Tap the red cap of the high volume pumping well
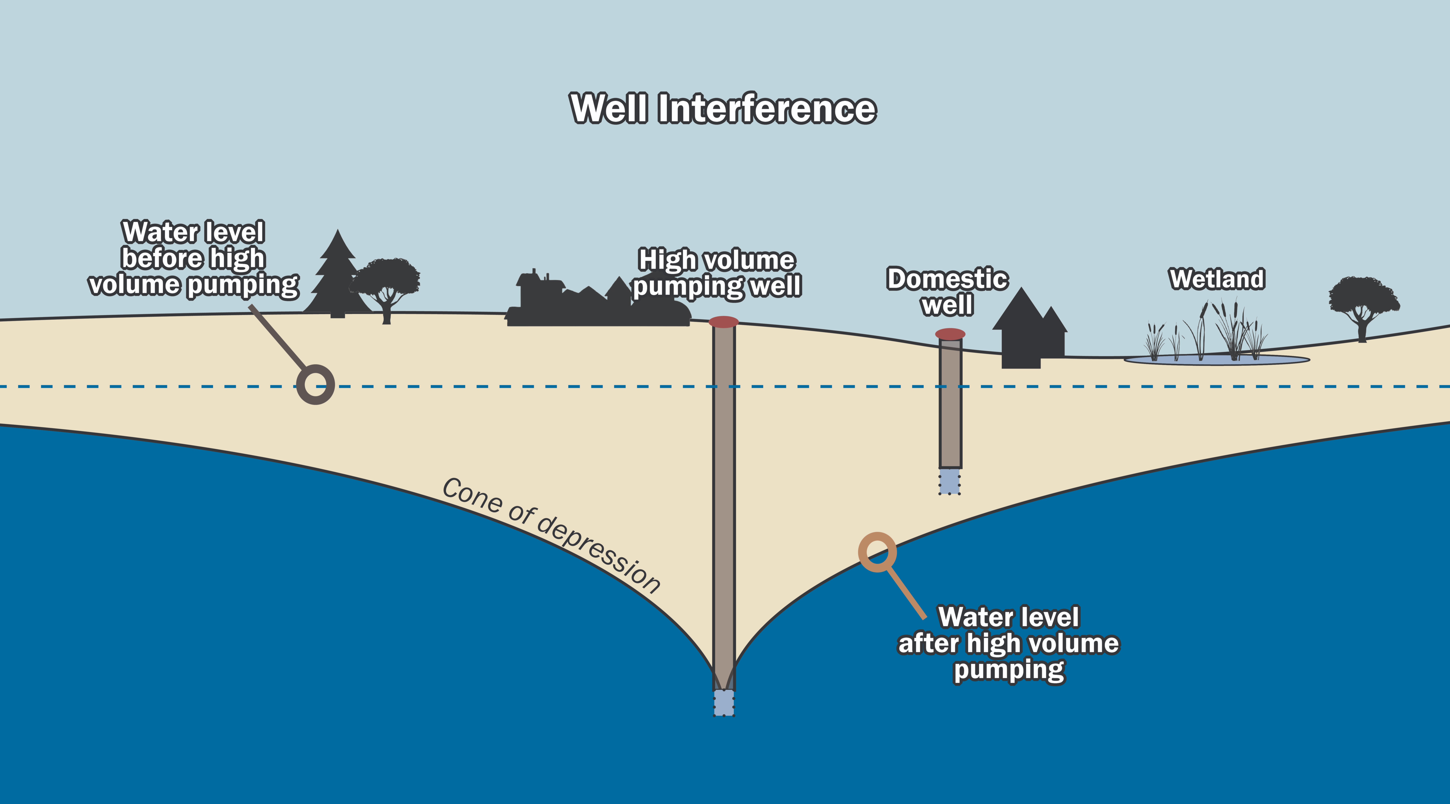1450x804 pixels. click(723, 322)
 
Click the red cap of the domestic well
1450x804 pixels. click(950, 334)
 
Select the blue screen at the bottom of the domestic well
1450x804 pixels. click(950, 482)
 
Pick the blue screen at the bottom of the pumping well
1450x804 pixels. click(724, 703)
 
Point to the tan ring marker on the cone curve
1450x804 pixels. click(877, 552)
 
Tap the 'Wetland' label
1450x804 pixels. click(1217, 279)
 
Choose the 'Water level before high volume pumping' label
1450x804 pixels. click(193, 258)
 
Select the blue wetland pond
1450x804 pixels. click(1216, 360)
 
